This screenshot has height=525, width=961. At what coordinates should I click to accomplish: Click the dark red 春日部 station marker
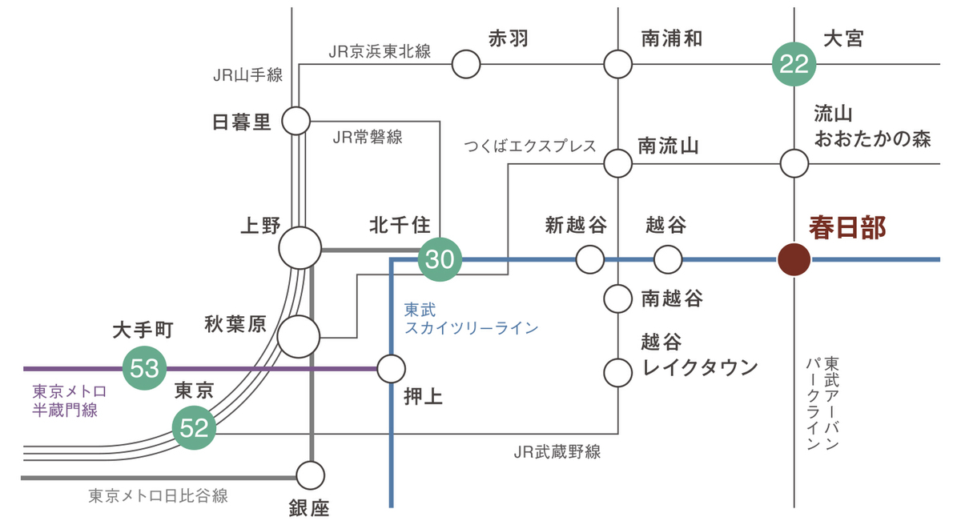pos(794,259)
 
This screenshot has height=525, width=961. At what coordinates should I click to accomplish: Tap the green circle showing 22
pos(794,64)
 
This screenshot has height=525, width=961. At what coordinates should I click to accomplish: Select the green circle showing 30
pos(440,259)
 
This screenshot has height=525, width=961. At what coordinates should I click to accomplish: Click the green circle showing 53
pos(145,368)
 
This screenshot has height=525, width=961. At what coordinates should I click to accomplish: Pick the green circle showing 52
pos(195,428)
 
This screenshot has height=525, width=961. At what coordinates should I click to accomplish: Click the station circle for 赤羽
pos(466,64)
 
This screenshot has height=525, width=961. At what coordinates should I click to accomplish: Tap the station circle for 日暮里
pos(296,122)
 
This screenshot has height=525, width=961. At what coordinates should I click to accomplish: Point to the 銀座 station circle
pos(311,475)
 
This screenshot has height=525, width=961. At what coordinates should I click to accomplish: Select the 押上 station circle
pos(392,368)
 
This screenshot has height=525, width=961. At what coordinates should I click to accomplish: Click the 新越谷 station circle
pos(589,259)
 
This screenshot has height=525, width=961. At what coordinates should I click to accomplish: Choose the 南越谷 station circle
pos(618,299)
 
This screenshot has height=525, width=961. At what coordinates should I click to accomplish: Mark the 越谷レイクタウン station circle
pos(618,371)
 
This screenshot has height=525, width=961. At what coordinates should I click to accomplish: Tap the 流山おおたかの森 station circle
pos(794,163)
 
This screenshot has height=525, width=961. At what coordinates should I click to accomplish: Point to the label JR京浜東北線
pos(380,52)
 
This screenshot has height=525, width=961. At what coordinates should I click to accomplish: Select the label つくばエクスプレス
pos(530,146)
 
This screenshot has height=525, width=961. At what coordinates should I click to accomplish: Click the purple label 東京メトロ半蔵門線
pos(69,401)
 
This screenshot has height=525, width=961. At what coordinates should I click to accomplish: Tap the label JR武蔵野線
pos(557,452)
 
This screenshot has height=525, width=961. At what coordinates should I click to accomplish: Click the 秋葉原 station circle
pos(298,336)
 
